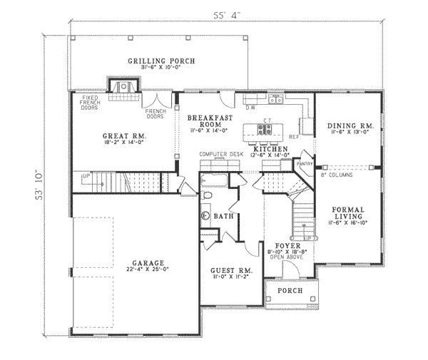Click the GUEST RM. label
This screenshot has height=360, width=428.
(228, 271)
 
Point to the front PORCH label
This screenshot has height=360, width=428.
(290, 292)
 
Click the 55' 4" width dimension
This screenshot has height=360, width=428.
(227, 14)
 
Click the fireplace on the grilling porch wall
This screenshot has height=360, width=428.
(121, 86)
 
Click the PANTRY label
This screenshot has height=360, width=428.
(305, 163)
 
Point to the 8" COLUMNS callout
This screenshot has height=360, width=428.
(336, 174)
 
